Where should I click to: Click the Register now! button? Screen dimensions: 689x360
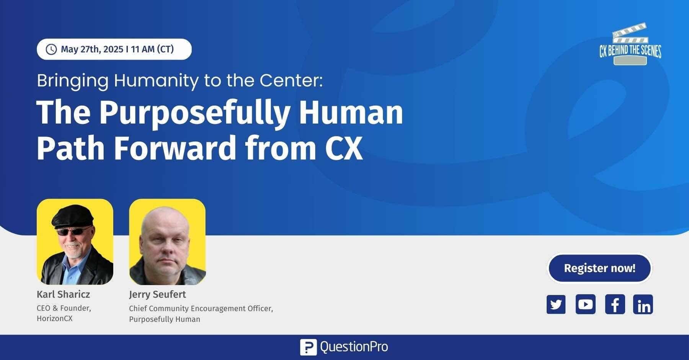[599, 268]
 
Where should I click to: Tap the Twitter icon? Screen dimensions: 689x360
[556, 304]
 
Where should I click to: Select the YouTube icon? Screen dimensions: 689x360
[585, 304]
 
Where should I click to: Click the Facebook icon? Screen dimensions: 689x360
[615, 304]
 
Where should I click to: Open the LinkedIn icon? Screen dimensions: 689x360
[643, 304]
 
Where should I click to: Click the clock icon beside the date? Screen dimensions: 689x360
[51, 49]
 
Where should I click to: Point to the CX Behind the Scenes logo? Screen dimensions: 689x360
[630, 44]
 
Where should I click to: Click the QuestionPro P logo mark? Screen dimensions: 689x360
[308, 347]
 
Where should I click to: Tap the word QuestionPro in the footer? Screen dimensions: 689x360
[354, 347]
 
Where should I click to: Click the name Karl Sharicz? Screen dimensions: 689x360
[63, 294]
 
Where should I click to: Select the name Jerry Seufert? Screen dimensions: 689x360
[157, 294]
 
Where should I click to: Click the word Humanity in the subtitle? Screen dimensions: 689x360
[156, 81]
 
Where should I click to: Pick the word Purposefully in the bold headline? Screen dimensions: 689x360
[194, 113]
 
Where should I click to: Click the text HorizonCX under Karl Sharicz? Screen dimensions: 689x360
[54, 319]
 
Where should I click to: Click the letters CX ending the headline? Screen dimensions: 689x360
[344, 148]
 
